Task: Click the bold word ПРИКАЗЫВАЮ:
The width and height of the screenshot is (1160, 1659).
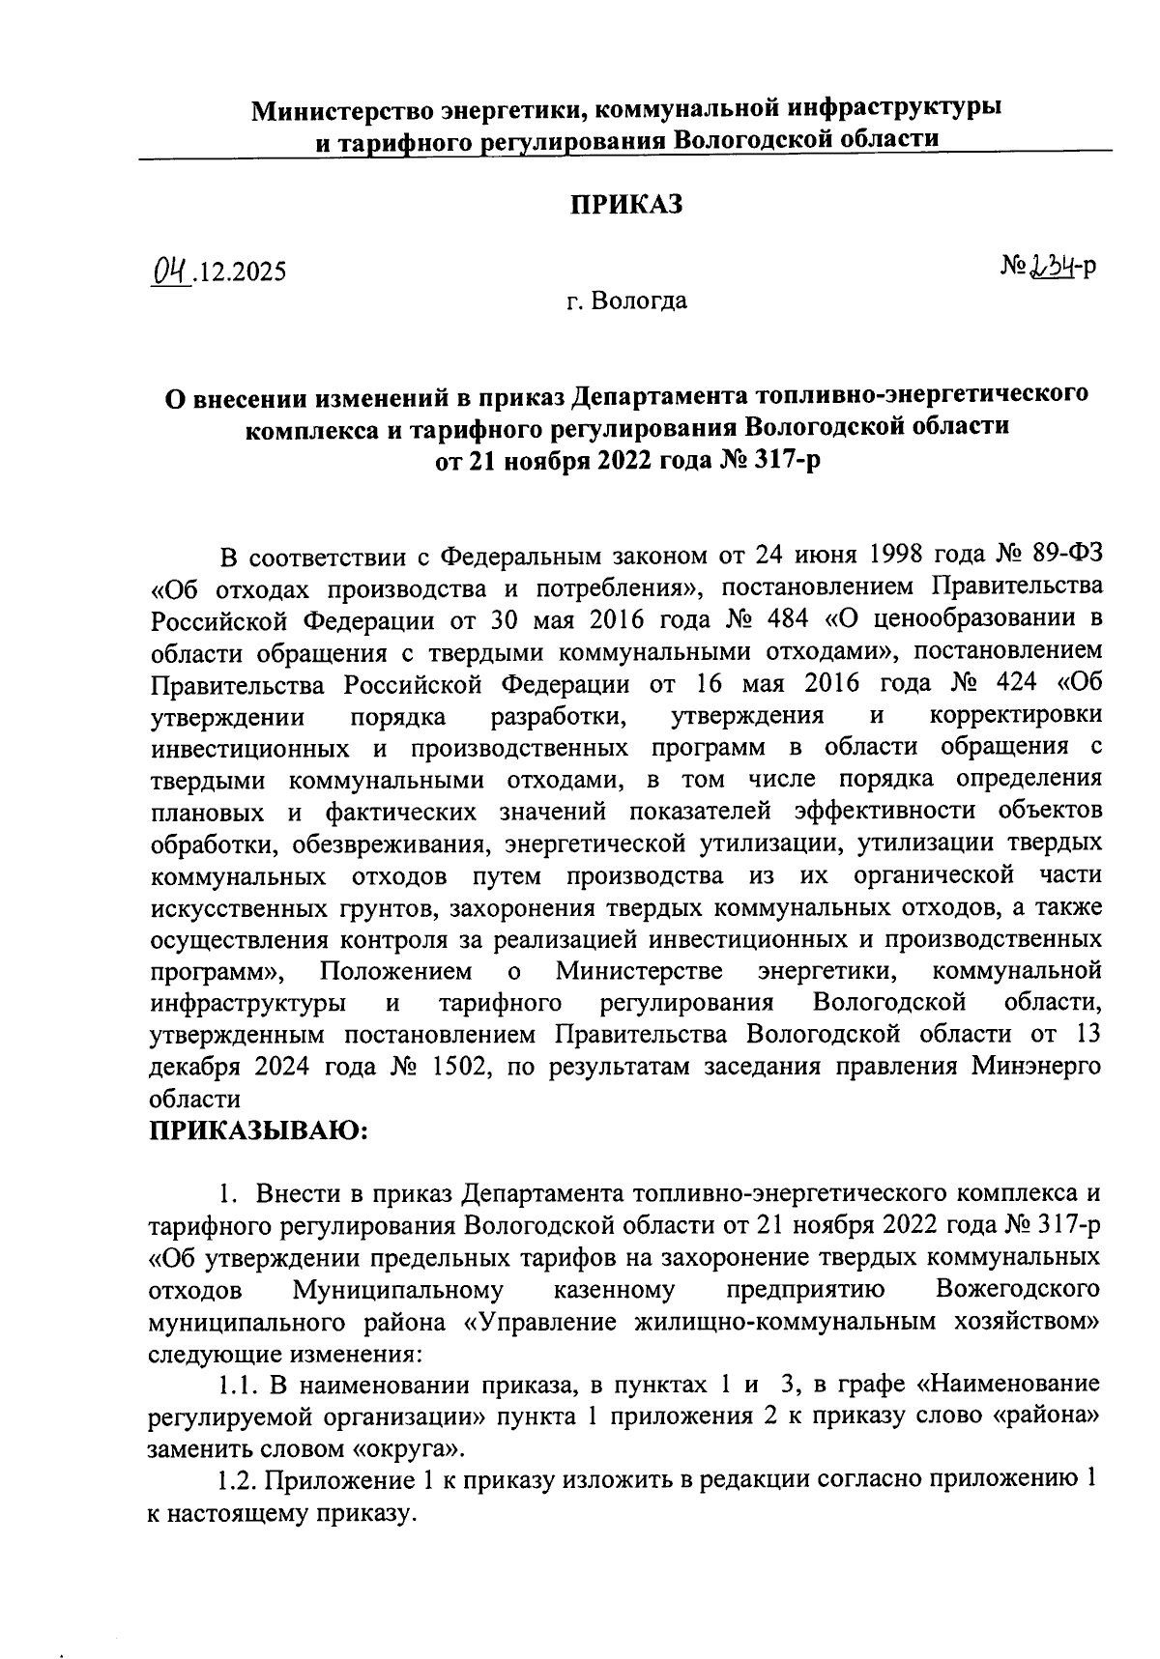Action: pos(258,1130)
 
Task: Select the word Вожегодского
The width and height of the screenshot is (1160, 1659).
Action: pos(1018,1290)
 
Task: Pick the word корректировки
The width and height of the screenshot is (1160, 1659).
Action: pos(1015,716)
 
